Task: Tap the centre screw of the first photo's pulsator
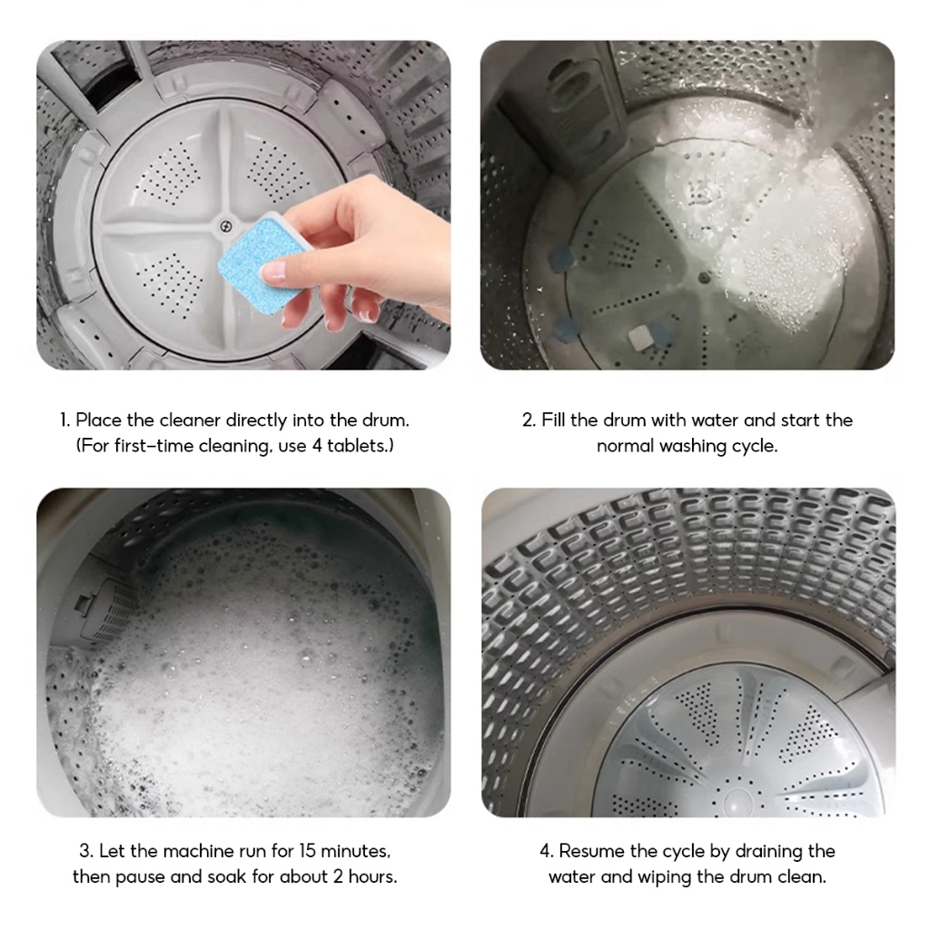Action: click(225, 225)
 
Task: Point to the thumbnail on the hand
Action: click(275, 272)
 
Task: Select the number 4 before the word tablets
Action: click(317, 445)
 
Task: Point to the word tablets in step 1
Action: click(356, 445)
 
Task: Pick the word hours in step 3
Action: click(371, 876)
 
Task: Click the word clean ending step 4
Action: click(804, 876)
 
